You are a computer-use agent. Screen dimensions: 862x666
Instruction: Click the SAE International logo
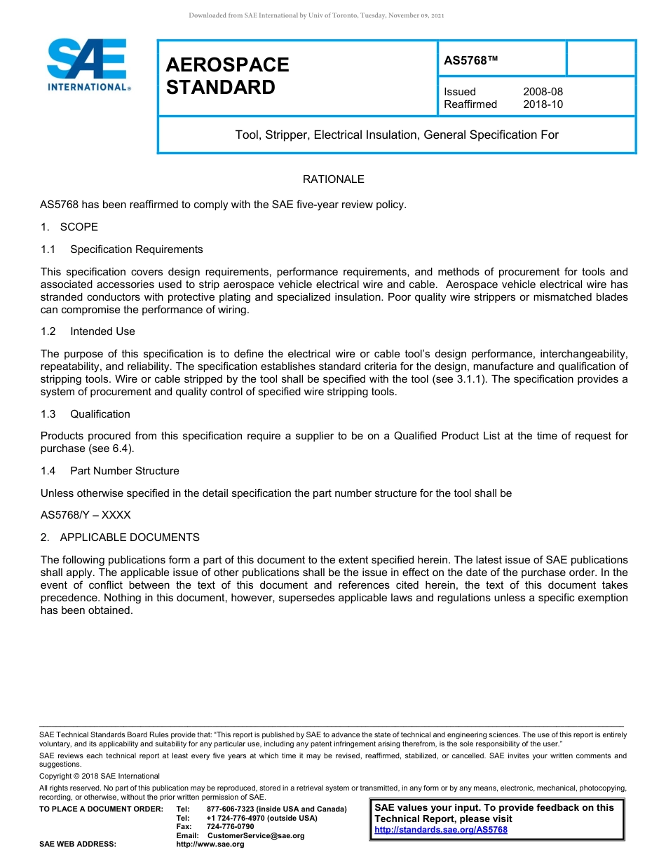pyautogui.click(x=87, y=64)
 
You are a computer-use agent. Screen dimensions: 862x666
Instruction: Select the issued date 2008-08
pyautogui.click(x=543, y=92)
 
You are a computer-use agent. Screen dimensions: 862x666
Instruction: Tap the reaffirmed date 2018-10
pyautogui.click(x=543, y=104)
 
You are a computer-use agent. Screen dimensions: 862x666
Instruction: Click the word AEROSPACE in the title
pyautogui.click(x=227, y=65)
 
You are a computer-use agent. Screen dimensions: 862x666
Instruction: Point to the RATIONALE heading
pyautogui.click(x=333, y=179)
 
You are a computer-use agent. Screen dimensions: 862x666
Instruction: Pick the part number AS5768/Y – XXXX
pyautogui.click(x=86, y=515)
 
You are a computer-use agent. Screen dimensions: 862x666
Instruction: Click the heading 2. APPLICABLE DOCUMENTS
pyautogui.click(x=120, y=538)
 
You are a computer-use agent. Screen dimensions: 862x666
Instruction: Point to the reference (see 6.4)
pyautogui.click(x=109, y=449)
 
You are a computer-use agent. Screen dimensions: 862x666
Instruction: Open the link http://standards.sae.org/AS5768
pyautogui.click(x=441, y=830)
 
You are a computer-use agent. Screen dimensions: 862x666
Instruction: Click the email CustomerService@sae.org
pyautogui.click(x=256, y=835)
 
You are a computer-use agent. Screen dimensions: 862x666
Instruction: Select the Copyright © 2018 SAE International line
pyautogui.click(x=100, y=777)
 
